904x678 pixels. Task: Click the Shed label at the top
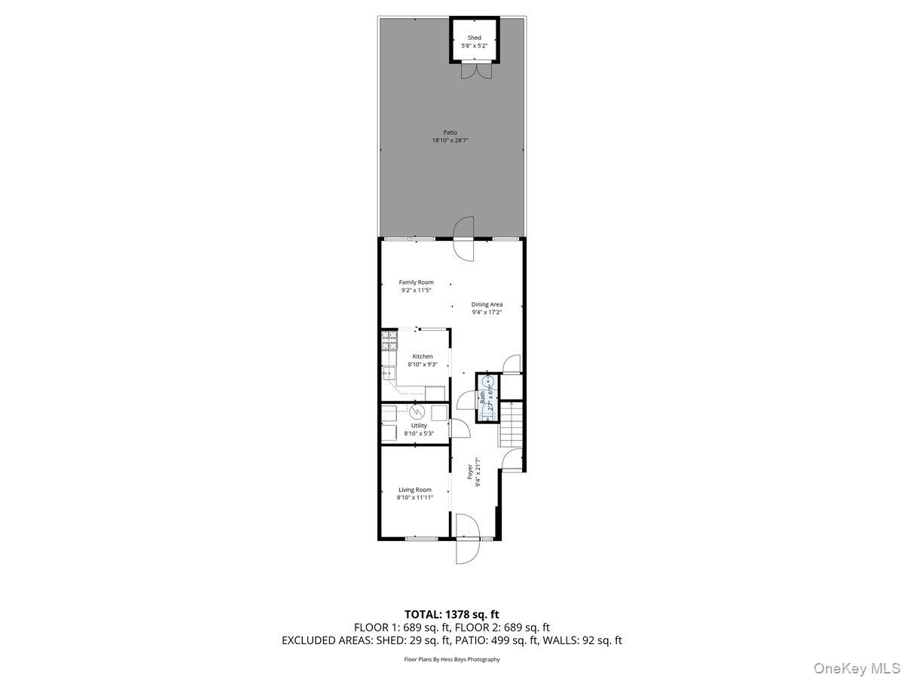[x=474, y=38]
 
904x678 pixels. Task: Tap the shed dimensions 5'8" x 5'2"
[x=474, y=46]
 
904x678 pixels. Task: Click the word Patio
[x=450, y=133]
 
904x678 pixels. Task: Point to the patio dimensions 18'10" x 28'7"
[x=450, y=141]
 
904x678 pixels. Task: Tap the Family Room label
[x=416, y=282]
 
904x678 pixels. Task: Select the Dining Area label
[x=487, y=304]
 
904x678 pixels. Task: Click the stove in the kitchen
[x=389, y=342]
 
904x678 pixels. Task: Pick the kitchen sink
[x=389, y=372]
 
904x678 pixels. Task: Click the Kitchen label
[x=422, y=356]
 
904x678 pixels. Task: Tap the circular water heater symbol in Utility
[x=417, y=411]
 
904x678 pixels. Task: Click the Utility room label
[x=419, y=426]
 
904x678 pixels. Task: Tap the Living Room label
[x=415, y=490]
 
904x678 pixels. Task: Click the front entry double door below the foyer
[x=466, y=539]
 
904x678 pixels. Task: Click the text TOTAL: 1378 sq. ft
[x=451, y=615]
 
